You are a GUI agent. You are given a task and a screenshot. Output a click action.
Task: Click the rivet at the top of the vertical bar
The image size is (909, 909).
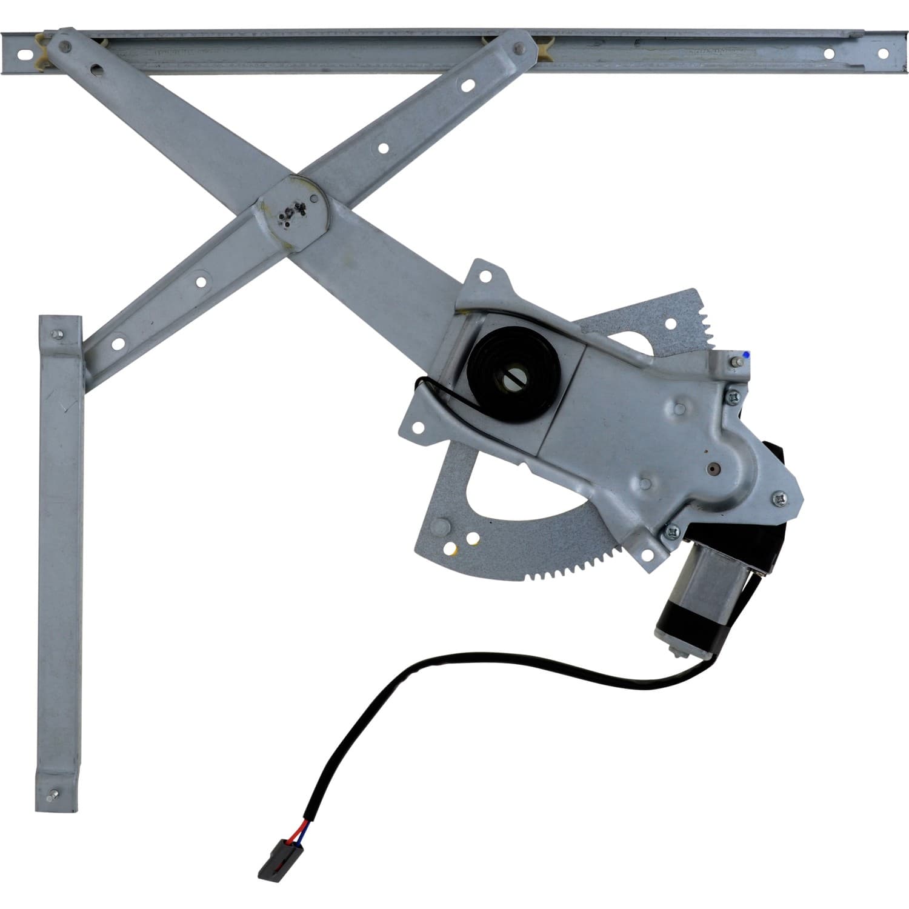[58, 334]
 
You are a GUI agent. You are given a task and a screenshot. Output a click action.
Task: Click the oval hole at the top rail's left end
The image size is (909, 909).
[24, 53]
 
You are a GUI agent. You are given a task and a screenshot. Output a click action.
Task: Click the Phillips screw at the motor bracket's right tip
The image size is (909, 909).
[779, 498]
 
